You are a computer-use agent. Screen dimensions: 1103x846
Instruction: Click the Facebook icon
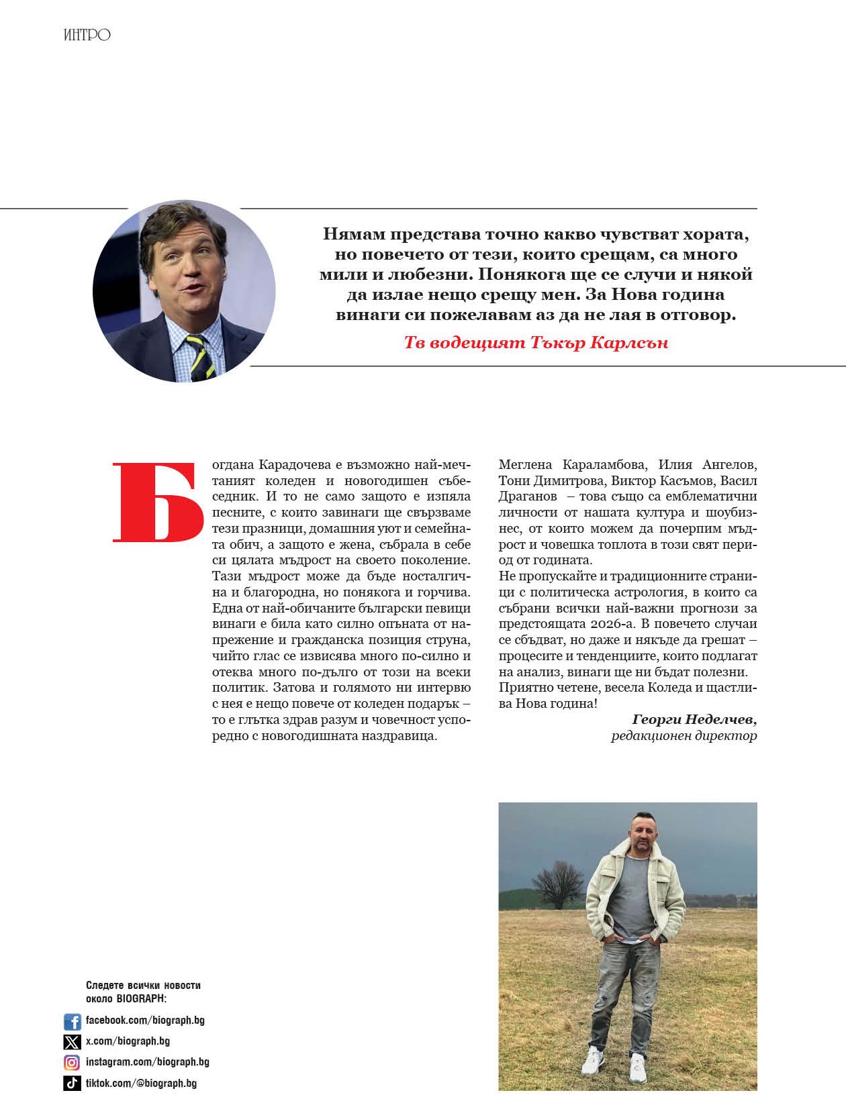coord(72,1021)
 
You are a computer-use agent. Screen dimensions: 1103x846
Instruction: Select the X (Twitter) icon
coord(72,1042)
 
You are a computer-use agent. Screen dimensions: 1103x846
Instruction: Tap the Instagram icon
coord(72,1063)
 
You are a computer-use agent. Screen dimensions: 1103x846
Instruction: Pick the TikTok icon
coord(72,1083)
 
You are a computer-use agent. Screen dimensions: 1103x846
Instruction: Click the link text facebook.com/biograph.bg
coord(145,1020)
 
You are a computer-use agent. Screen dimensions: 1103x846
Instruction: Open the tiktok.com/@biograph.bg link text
coord(141,1083)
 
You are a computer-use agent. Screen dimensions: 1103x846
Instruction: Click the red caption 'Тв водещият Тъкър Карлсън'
coord(536,343)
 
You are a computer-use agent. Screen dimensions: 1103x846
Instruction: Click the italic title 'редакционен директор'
coord(684,736)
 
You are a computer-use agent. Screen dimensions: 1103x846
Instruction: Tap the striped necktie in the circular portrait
coord(199,356)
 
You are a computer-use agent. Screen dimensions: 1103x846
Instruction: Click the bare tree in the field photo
coord(557,882)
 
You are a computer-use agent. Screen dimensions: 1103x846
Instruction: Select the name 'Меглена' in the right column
coord(526,465)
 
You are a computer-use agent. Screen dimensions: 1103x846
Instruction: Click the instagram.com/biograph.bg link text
coord(148,1062)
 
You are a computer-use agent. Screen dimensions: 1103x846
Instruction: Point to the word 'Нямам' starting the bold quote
coord(352,235)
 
